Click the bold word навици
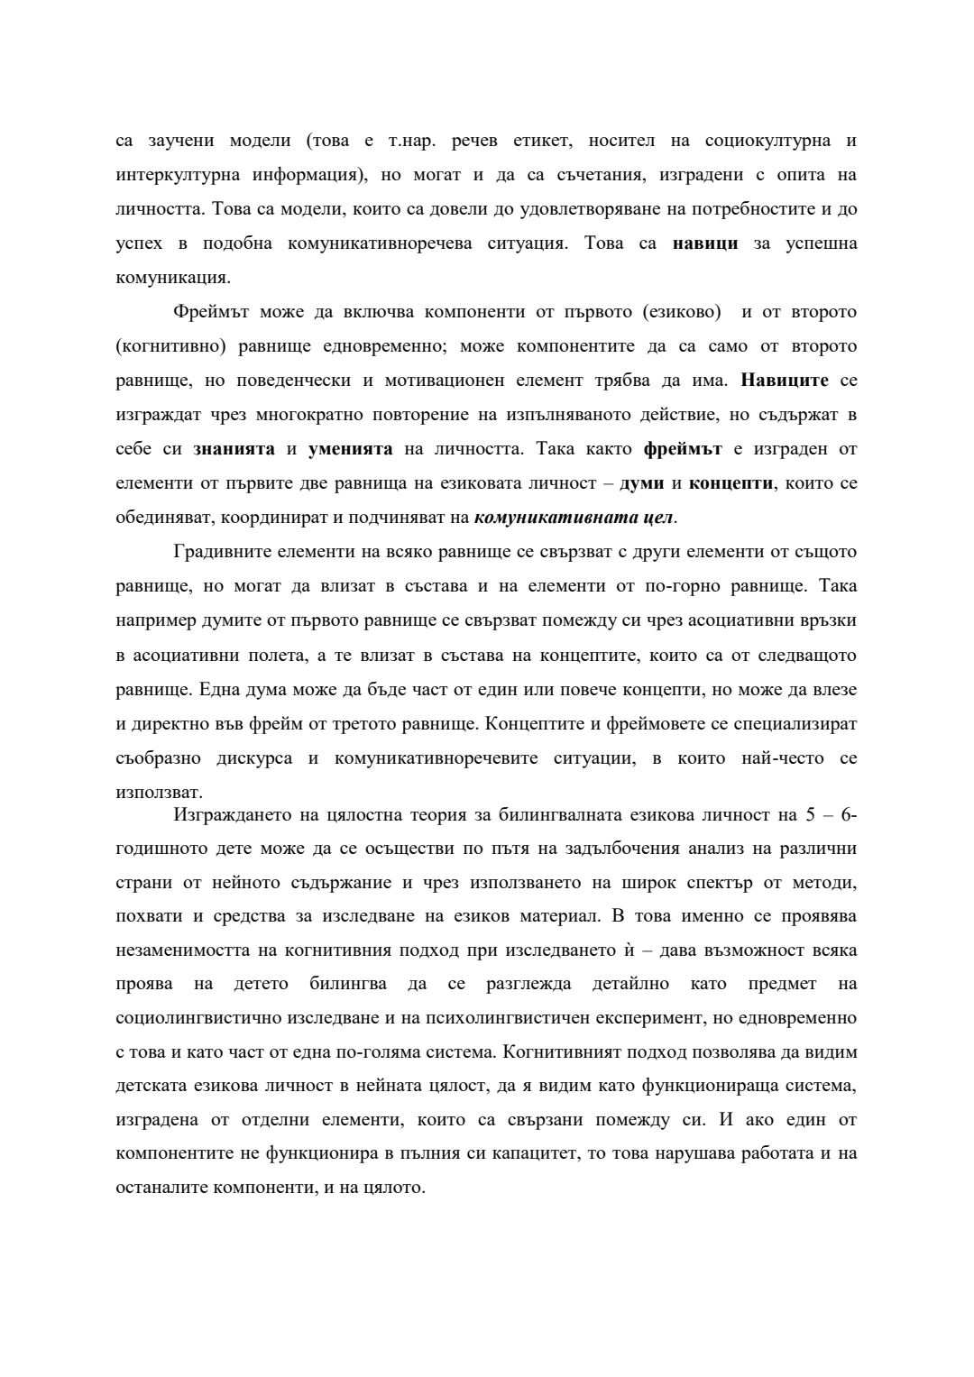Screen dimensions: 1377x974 pyautogui.click(x=705, y=243)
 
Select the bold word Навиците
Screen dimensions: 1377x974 pyautogui.click(x=785, y=380)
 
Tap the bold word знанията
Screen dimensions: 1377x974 pyautogui.click(x=234, y=448)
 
